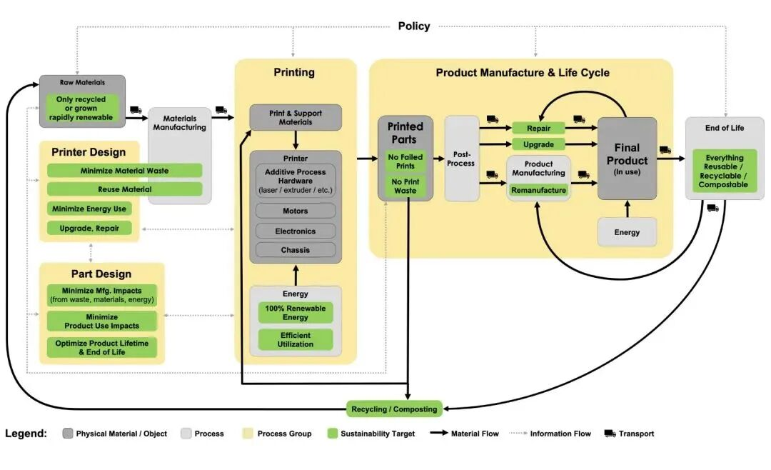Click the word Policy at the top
tap(414, 26)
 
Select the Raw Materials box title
tap(82, 83)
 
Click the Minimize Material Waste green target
tap(124, 171)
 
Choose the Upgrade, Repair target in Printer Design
tap(90, 228)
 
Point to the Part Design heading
tap(101, 274)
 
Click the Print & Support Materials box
tap(296, 117)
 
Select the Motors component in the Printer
tap(296, 211)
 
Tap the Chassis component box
tap(296, 250)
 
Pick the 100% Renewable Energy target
tap(296, 313)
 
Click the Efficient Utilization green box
tap(296, 340)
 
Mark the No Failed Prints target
tap(405, 161)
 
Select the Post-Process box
tap(461, 159)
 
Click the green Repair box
tap(538, 129)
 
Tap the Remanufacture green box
tap(538, 191)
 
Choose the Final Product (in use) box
tap(627, 159)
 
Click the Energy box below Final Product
tap(627, 232)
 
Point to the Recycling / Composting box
tap(394, 409)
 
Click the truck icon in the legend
tap(610, 434)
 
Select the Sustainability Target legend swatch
tap(332, 434)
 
